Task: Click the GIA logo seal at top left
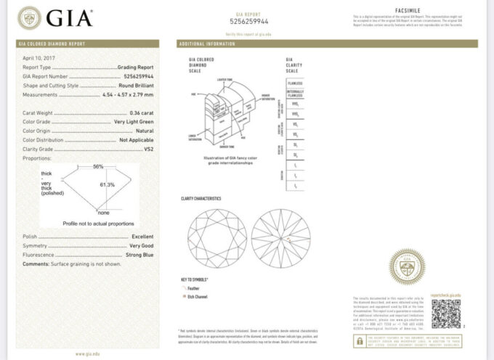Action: [x=29, y=17]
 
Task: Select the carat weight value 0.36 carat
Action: [x=141, y=113]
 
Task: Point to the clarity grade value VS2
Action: [x=149, y=148]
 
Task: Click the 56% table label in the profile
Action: [x=98, y=166]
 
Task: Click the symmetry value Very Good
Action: [x=141, y=246]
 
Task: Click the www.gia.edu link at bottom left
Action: [x=87, y=353]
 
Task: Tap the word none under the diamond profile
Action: [x=103, y=213]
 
